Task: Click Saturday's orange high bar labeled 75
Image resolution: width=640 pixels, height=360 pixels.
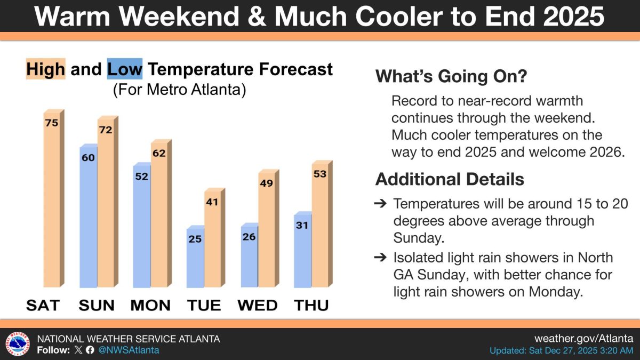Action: (x=54, y=198)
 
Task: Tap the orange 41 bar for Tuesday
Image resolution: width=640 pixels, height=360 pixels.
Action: (x=214, y=238)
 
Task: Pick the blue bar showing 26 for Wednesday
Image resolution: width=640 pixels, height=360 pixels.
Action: (x=250, y=255)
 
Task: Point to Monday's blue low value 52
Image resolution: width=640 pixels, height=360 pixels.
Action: (x=142, y=177)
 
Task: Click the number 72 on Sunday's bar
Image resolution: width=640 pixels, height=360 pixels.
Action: (x=106, y=130)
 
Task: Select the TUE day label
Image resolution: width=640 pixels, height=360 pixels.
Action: (x=204, y=305)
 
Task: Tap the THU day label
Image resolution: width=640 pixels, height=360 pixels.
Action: (x=311, y=305)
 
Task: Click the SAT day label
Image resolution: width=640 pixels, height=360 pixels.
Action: (x=43, y=305)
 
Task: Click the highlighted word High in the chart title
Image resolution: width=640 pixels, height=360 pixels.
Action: (x=46, y=69)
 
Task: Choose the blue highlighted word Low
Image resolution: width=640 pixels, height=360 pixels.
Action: (x=125, y=69)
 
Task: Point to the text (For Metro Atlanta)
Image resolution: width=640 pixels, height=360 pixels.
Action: (x=179, y=90)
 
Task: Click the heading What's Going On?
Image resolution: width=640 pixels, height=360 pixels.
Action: (x=451, y=76)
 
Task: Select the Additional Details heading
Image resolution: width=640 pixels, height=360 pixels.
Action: (x=450, y=179)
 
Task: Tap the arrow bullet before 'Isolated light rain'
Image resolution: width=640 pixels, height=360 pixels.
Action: (x=380, y=258)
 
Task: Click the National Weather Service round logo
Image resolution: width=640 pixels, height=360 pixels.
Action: (x=18, y=343)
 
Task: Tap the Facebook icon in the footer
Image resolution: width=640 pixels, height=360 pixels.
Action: (x=90, y=350)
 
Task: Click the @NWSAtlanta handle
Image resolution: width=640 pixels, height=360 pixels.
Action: (x=129, y=350)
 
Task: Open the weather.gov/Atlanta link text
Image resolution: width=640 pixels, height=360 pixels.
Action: (x=583, y=339)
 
